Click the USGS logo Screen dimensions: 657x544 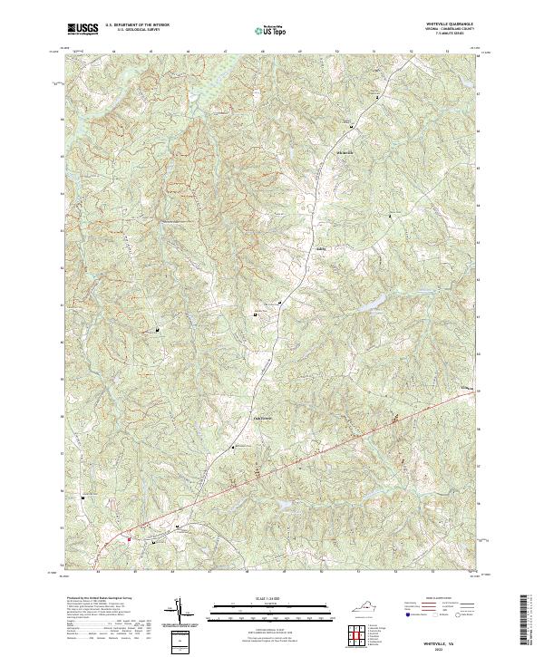click(83, 29)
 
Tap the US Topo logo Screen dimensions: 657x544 click(271, 30)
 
